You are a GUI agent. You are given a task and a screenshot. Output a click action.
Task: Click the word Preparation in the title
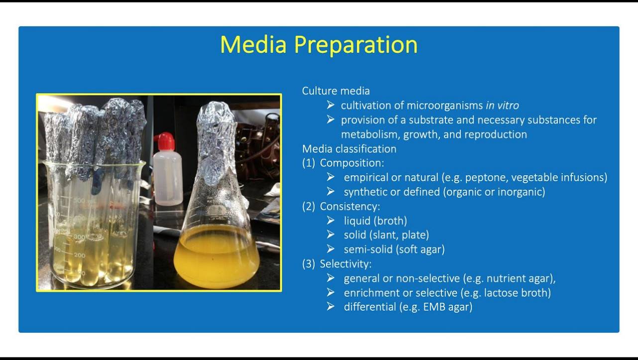click(356, 45)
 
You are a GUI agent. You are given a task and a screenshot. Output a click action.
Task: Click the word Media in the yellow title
click(253, 44)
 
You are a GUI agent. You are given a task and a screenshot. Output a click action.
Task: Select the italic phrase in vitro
click(502, 106)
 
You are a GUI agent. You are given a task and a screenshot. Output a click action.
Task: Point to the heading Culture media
click(336, 91)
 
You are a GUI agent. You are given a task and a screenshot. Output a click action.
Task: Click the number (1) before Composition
click(309, 163)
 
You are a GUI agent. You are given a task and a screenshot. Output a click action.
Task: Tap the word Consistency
click(350, 206)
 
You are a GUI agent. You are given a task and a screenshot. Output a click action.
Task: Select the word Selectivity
click(345, 264)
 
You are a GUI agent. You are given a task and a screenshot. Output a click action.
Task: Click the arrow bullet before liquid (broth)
click(330, 221)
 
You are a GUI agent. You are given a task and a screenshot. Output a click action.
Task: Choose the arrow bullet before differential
click(330, 307)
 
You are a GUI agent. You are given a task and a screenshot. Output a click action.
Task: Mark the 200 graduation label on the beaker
click(80, 255)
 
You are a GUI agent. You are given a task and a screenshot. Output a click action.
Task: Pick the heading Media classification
click(349, 149)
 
